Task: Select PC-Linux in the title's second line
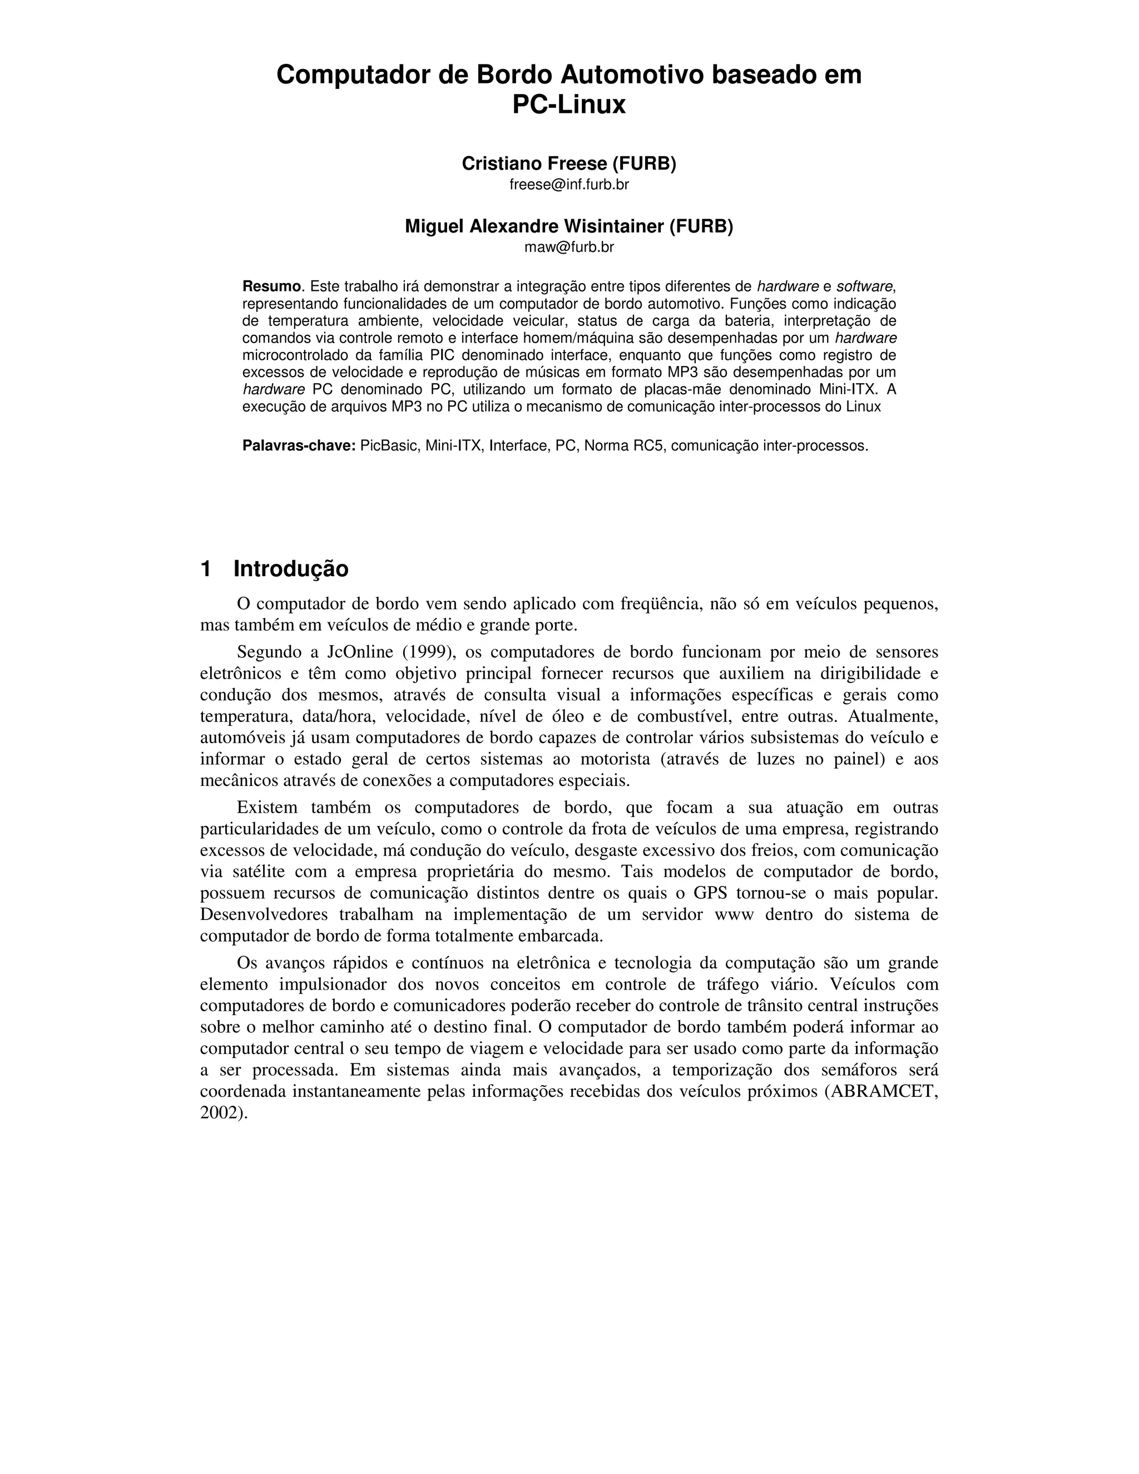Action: coord(569,105)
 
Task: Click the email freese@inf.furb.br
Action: coord(569,184)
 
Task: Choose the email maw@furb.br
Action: coord(569,247)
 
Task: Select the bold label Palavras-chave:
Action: coord(299,446)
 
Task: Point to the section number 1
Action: coord(206,569)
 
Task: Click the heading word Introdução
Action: coord(291,569)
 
